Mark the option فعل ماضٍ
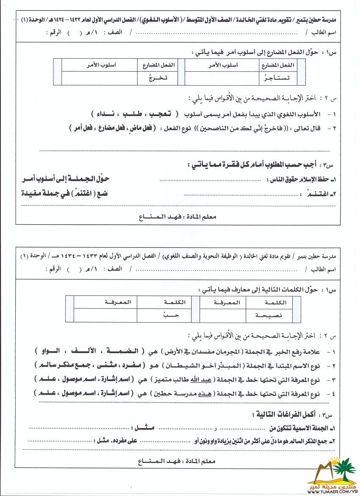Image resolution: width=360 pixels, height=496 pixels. (139, 128)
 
